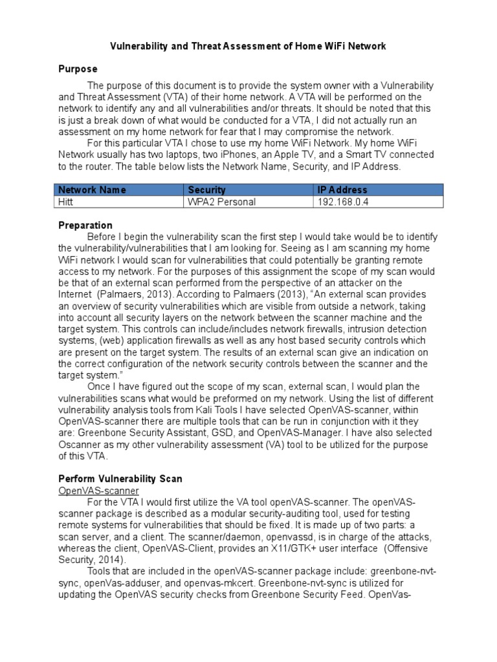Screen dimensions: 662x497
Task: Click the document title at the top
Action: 248,46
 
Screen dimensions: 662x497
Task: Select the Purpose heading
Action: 78,69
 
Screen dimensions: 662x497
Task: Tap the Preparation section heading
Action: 85,225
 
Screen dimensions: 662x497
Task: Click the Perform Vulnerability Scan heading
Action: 120,479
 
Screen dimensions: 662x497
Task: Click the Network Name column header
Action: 92,189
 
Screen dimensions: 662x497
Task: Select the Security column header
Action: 207,189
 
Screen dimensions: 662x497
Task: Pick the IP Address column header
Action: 342,189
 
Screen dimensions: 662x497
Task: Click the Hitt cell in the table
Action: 67,202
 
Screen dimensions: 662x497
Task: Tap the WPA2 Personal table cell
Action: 221,202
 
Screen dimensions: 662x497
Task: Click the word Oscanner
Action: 82,445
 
